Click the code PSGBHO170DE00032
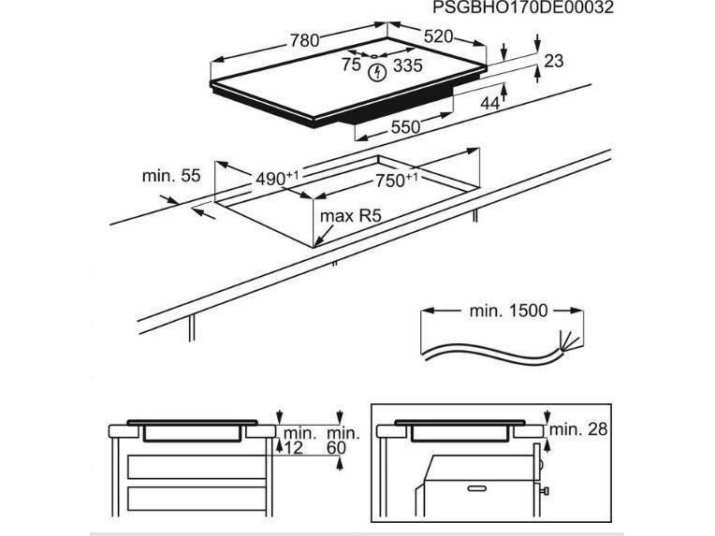523,7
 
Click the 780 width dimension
304,40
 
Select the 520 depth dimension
438,36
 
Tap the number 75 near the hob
351,65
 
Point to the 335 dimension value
408,66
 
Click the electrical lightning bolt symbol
377,72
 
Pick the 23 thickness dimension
554,61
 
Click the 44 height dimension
490,104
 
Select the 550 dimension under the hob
405,127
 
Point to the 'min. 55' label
171,176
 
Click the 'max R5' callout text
350,215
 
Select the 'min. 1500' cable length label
508,311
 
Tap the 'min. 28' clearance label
578,428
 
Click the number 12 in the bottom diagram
293,448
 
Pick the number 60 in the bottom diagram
337,448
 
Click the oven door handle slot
477,488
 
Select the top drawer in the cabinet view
197,467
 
